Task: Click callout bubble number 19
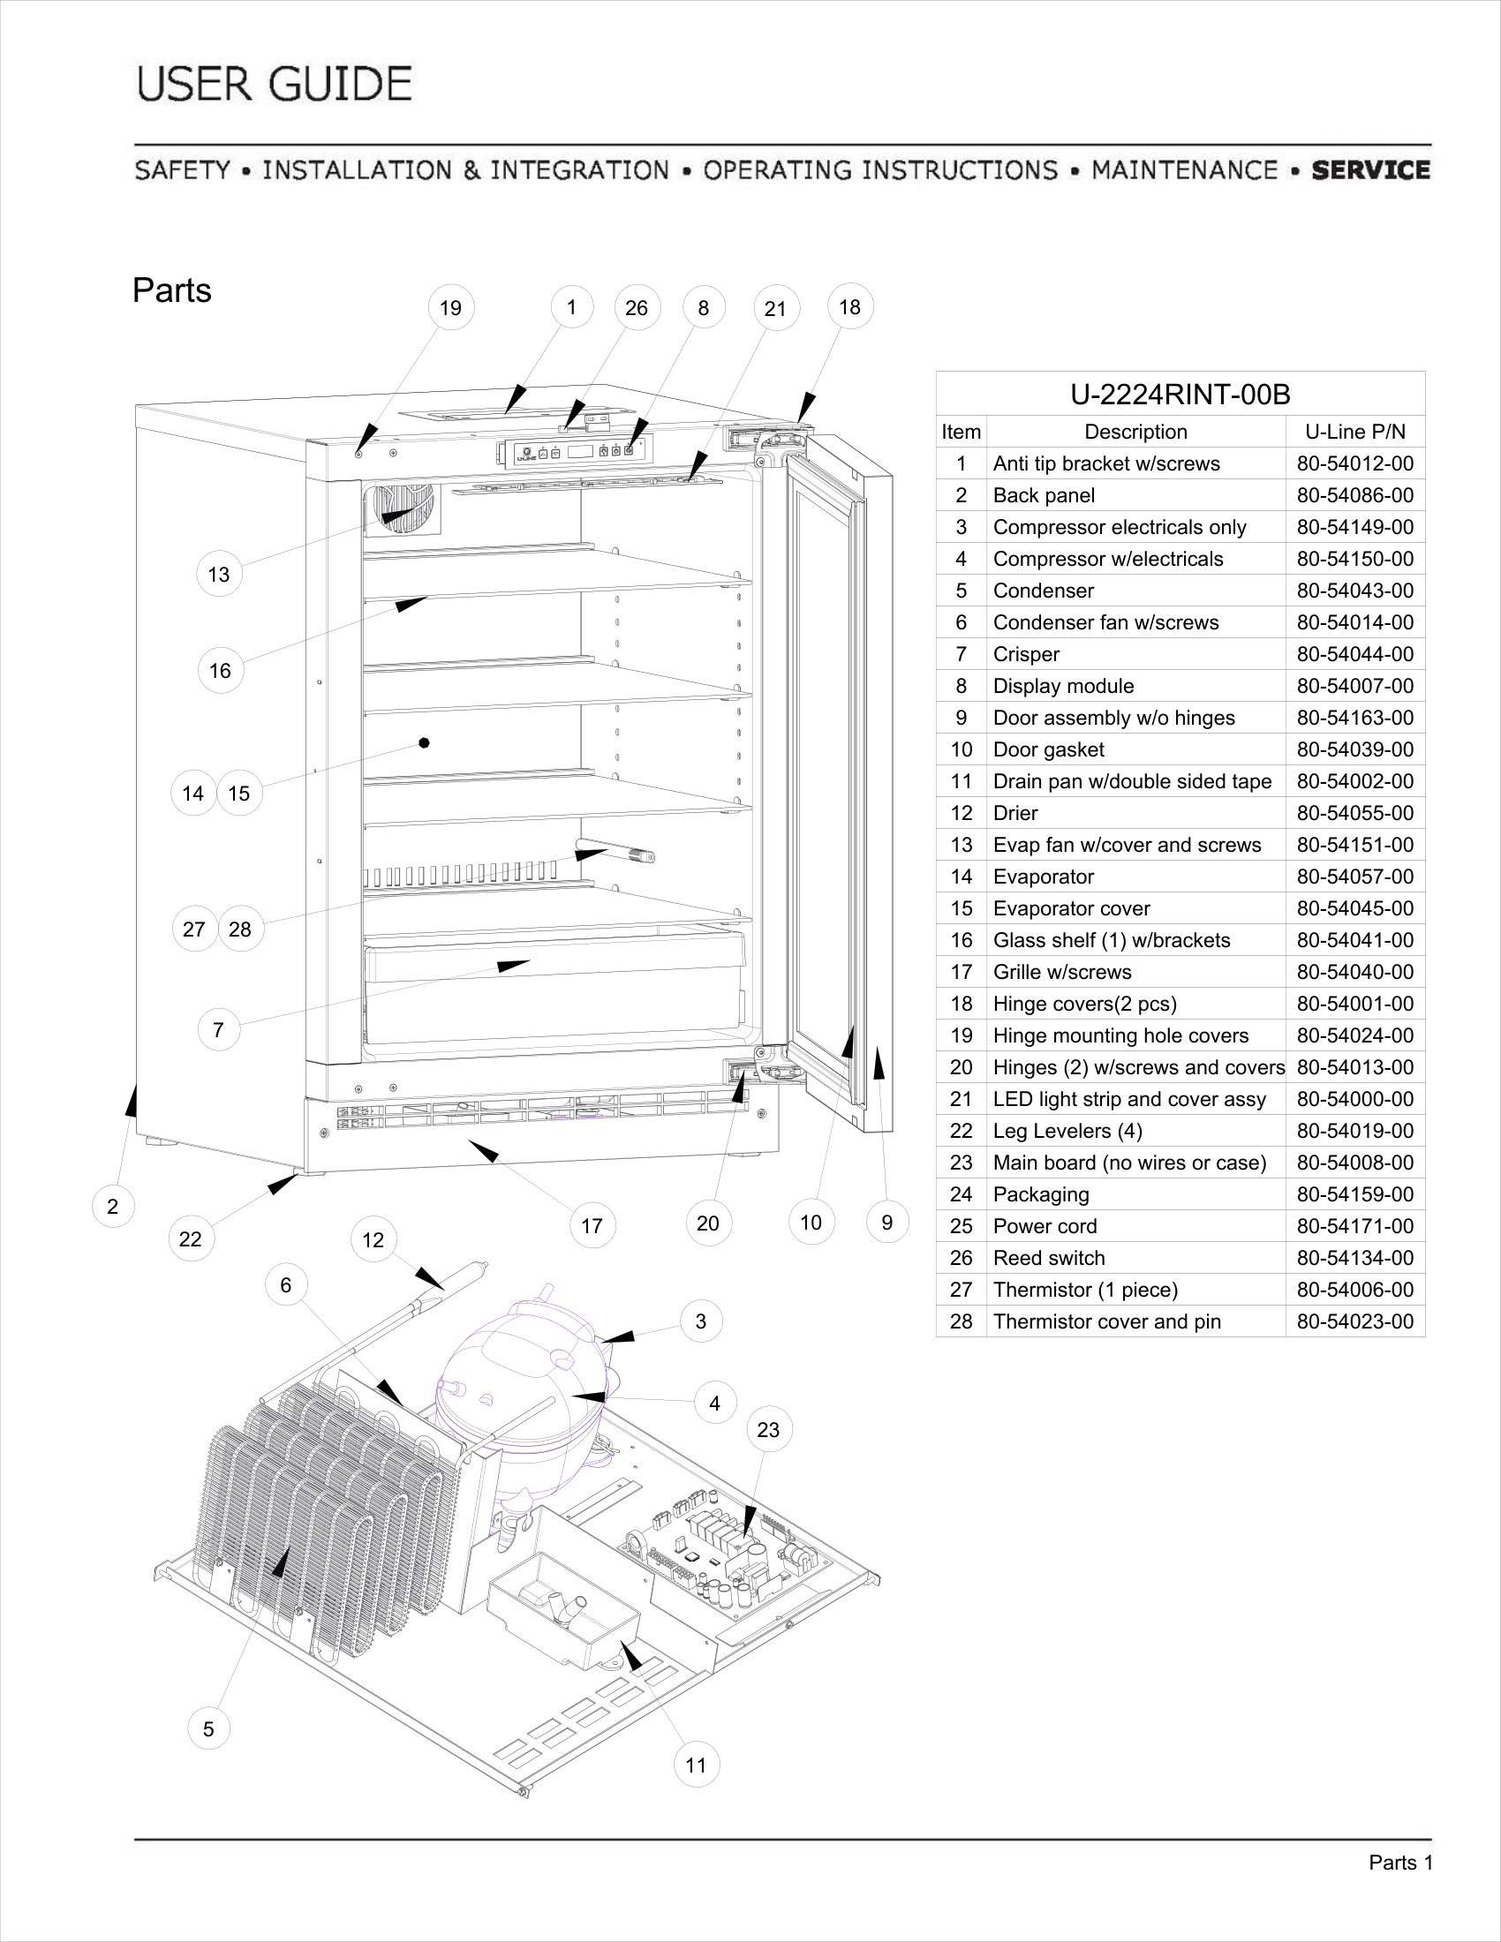click(x=451, y=308)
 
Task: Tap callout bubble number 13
click(x=219, y=575)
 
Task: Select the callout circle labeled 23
click(x=768, y=1430)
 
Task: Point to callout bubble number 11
click(x=697, y=1765)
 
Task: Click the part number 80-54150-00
click(x=1354, y=560)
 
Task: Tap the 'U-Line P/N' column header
click(x=1354, y=433)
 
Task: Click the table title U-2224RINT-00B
click(x=1180, y=394)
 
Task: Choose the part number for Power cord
click(x=1354, y=1226)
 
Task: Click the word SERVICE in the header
click(x=1370, y=169)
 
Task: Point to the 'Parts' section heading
click(x=171, y=290)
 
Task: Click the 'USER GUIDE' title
click(x=275, y=85)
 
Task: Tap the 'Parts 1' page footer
click(x=1400, y=1863)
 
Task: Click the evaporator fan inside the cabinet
click(x=402, y=509)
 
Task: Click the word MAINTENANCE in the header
click(x=1183, y=169)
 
